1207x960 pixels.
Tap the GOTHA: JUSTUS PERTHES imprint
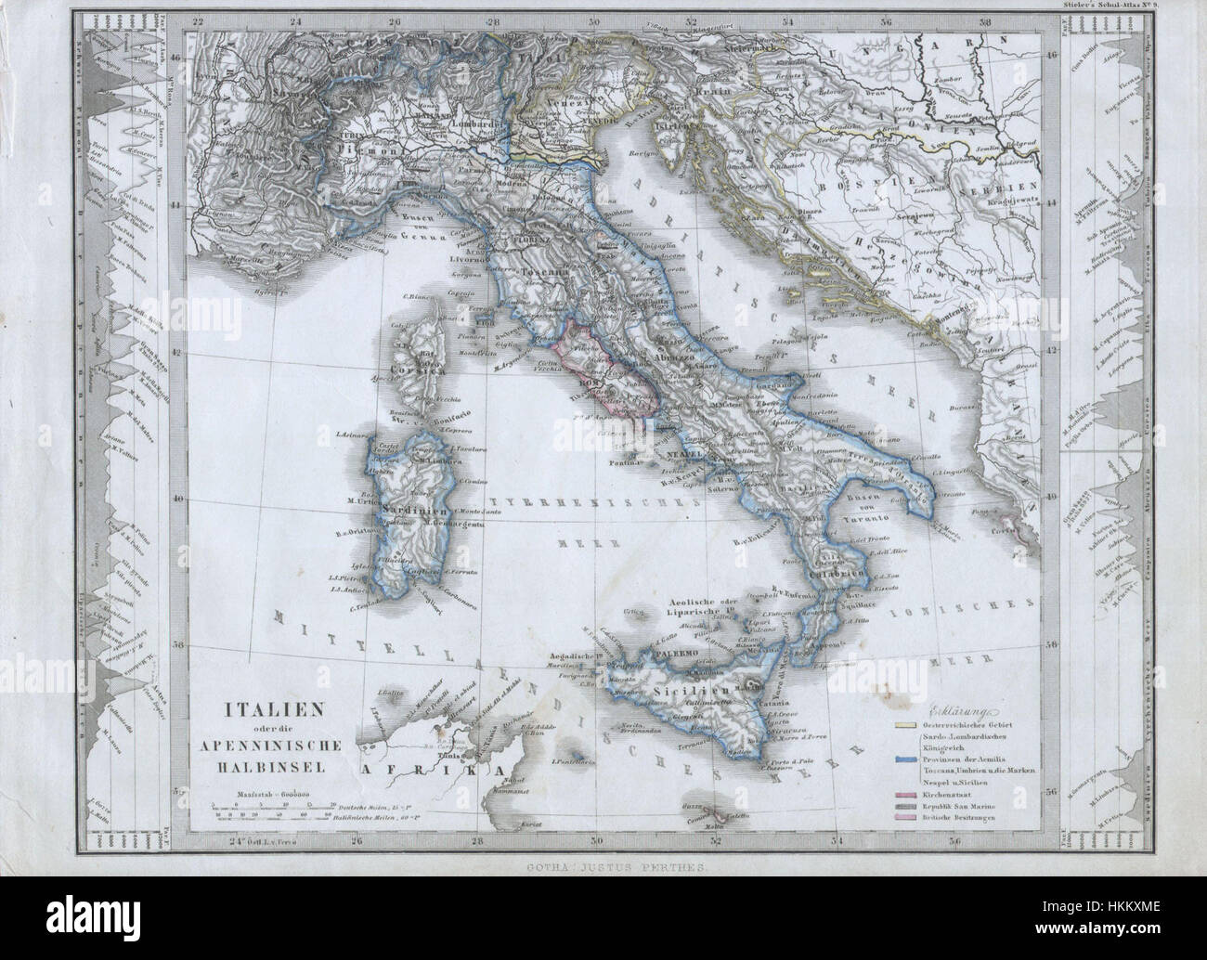603,865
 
